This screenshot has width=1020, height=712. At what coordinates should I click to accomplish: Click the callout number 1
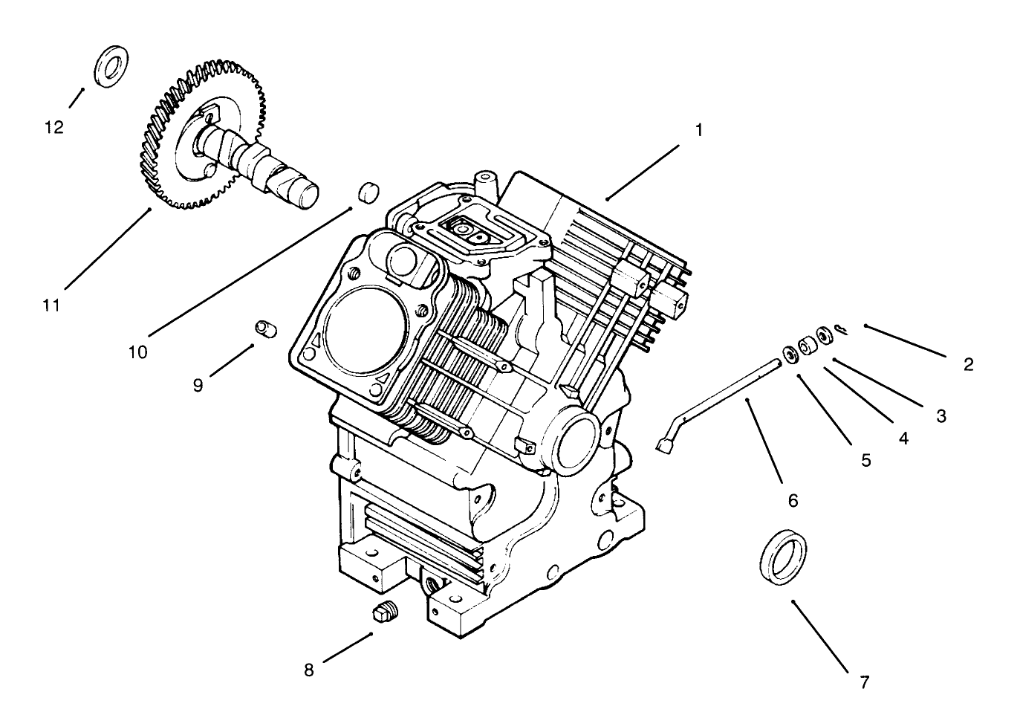[698, 129]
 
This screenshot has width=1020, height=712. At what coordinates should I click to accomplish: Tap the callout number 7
[863, 682]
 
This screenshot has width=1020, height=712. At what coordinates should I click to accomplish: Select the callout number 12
[54, 127]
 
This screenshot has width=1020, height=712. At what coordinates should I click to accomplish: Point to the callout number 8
[309, 670]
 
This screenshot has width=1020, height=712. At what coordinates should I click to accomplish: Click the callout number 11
[51, 305]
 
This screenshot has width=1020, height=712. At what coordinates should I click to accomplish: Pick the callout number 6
[793, 500]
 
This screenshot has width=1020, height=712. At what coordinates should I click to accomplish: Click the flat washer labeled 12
[111, 67]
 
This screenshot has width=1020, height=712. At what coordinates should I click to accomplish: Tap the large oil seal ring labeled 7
[783, 557]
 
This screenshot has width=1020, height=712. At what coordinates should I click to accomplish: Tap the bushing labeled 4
[807, 346]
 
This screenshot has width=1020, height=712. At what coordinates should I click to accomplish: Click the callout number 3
[941, 415]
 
